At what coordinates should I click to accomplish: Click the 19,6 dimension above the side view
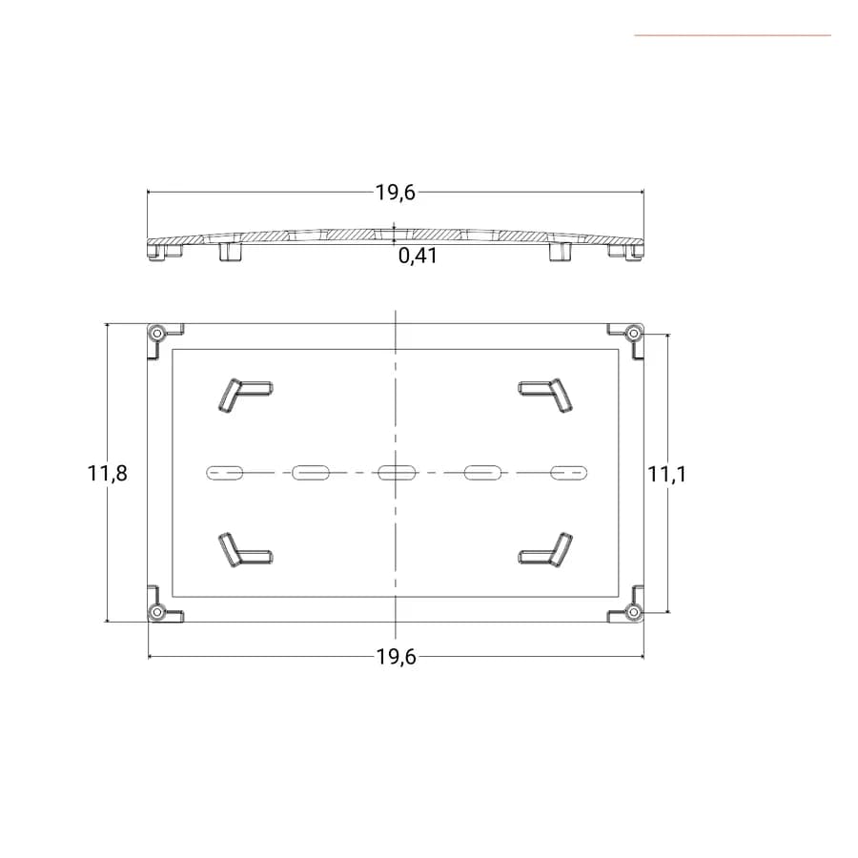[395, 193]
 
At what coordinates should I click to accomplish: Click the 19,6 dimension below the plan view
[397, 657]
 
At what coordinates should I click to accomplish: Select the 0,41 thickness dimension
[418, 255]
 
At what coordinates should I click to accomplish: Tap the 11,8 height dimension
[107, 473]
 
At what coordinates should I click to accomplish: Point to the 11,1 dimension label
[666, 474]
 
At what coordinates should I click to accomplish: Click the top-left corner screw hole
[157, 333]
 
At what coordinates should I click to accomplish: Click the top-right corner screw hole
[634, 333]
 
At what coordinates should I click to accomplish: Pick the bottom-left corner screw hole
[157, 612]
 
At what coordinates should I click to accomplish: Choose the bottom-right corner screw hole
[634, 612]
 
